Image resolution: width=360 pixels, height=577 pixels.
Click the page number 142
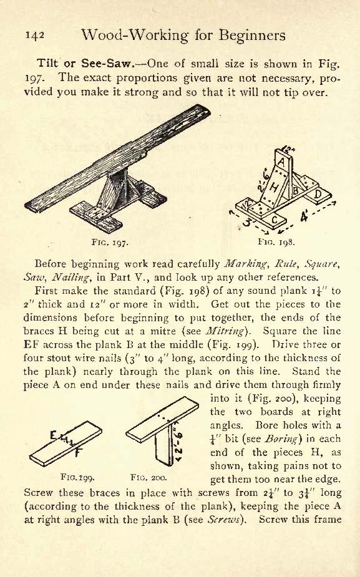35,36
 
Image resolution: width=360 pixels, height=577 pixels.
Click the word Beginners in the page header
252,36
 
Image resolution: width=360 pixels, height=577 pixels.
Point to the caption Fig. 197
109,242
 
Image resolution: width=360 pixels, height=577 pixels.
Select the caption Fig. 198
276,242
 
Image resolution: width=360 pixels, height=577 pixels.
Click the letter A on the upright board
281,162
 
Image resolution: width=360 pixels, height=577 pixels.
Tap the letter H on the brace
275,188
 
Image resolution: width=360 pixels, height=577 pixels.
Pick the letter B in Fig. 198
295,191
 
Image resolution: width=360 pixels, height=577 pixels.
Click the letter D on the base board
318,193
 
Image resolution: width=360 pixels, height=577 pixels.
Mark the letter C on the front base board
275,220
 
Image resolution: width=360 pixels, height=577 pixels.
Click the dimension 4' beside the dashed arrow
304,216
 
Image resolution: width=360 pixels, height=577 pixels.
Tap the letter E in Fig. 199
54,436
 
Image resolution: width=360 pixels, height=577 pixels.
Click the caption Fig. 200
148,478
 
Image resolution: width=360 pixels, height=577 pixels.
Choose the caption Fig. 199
77,478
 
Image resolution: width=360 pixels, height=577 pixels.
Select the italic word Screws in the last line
225,519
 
